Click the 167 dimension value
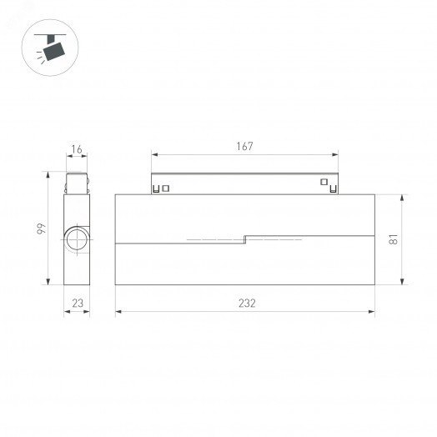tap(244, 146)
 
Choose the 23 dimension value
tap(77, 304)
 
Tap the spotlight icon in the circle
tap(53, 48)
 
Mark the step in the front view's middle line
tap(244, 239)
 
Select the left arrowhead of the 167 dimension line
tap(153, 154)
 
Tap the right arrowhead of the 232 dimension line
tap(372, 312)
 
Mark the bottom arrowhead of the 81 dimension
tap(403, 284)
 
